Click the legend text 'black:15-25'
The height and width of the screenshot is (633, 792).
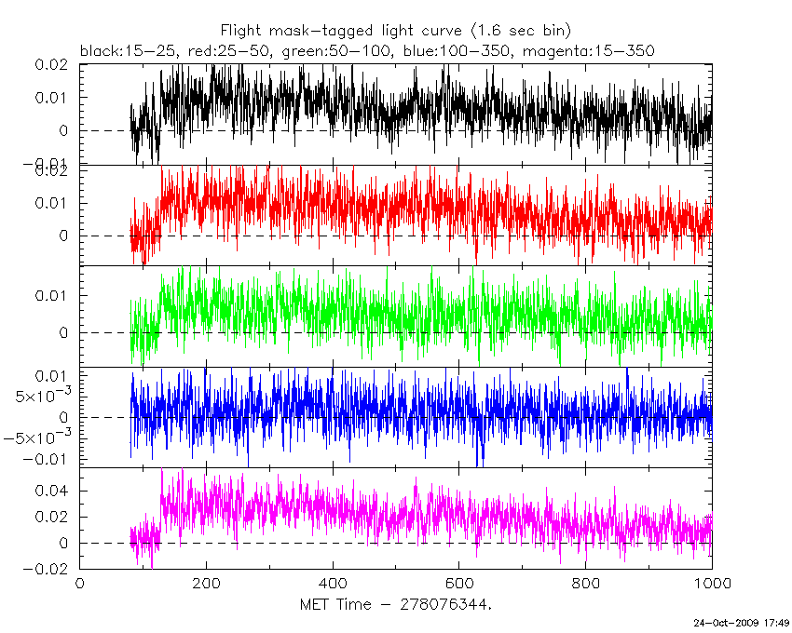tap(121, 50)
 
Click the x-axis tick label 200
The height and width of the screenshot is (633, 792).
tap(206, 585)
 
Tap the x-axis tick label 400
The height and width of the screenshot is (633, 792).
tap(333, 585)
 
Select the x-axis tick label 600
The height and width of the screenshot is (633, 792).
tap(459, 585)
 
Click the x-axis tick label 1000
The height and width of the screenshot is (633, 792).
tap(710, 585)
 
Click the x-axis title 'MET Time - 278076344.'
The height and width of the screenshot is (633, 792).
tap(395, 606)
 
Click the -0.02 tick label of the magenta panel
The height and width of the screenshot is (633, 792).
tap(49, 569)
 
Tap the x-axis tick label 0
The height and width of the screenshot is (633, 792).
tap(79, 585)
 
